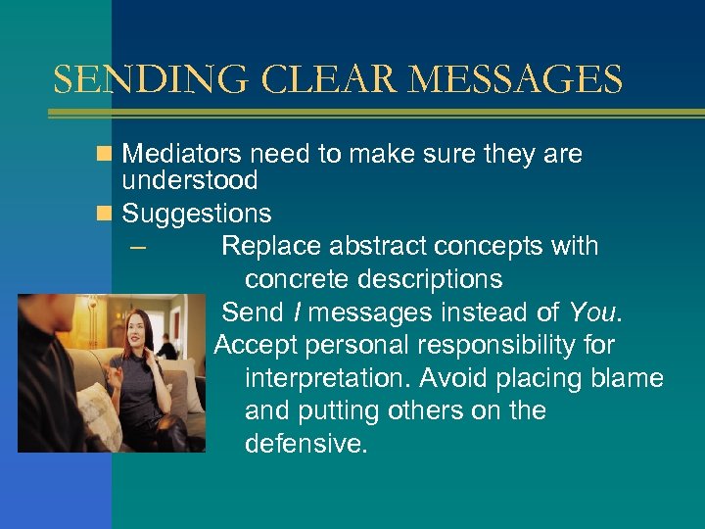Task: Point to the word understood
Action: click(x=190, y=180)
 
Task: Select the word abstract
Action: click(x=374, y=246)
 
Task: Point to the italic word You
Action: click(x=590, y=313)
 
